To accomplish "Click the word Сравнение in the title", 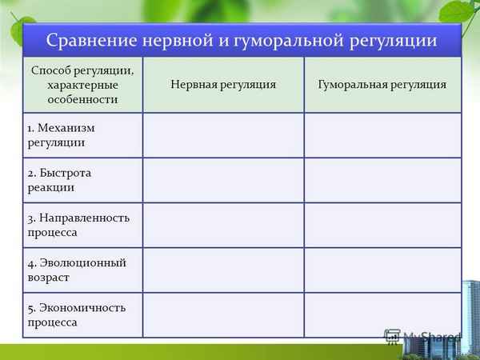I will pos(86,39).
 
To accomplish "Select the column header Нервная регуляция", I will pos(223,84).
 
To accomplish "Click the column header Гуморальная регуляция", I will pos(382,84).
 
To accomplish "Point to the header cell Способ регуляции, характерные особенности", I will pos(82,84).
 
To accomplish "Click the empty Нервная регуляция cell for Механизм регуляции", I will pos(223,134).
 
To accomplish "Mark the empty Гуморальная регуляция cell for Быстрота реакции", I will pos(382,180).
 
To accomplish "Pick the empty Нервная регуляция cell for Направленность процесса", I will pos(223,225).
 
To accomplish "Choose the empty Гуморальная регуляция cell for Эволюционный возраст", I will pos(382,270).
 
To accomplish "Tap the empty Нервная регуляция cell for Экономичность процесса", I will pos(223,314).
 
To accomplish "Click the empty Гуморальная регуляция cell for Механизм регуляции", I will pos(382,134).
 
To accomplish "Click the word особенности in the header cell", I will pos(82,99).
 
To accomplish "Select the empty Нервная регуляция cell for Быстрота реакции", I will pos(223,180).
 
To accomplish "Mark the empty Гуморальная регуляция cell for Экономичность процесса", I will pos(382,314).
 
